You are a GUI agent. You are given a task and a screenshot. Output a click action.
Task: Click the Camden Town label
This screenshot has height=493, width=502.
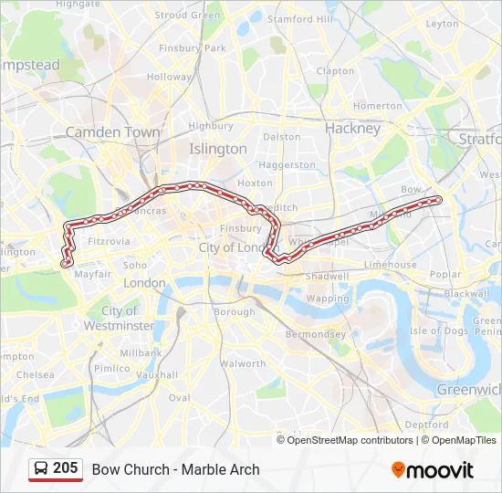click(112, 132)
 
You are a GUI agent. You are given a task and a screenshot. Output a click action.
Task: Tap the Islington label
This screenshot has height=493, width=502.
click(217, 148)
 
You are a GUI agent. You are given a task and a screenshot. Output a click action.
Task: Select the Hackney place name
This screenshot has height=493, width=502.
click(352, 129)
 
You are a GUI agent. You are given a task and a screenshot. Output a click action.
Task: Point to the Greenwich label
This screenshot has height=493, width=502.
click(469, 389)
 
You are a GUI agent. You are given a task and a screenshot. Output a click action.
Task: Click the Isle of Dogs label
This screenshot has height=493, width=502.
click(439, 330)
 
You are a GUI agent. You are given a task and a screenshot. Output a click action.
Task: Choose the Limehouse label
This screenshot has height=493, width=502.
click(390, 265)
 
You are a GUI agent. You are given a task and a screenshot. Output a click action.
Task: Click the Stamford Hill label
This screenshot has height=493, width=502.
click(300, 18)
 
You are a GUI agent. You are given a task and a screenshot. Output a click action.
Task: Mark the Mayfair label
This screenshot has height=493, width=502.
click(92, 274)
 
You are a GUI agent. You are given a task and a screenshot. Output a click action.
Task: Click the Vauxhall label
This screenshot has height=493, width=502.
click(157, 374)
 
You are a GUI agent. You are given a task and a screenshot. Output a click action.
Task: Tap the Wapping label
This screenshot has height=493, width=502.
click(327, 299)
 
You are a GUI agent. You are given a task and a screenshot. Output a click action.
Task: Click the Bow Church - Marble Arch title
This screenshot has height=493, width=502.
click(175, 469)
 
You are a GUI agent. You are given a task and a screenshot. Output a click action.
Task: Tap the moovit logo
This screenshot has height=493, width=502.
click(433, 470)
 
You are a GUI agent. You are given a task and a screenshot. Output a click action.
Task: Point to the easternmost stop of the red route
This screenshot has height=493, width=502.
click(438, 199)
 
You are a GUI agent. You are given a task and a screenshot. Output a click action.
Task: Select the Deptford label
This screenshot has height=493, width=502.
click(426, 425)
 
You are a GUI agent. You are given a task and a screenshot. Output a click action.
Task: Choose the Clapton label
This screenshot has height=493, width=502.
click(335, 70)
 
